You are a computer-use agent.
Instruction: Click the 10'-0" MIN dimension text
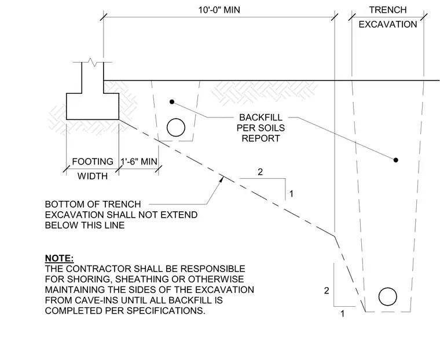tap(219, 10)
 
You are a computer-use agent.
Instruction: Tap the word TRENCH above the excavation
tap(388, 10)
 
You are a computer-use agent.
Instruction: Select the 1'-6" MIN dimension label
tap(139, 161)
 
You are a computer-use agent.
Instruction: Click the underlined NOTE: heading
tap(59, 258)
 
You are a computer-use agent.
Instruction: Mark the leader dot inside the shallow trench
tap(172, 102)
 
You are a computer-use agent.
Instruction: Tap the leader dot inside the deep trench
tap(395, 160)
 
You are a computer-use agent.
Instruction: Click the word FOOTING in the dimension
tap(93, 161)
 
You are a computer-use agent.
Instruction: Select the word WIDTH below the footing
tap(93, 176)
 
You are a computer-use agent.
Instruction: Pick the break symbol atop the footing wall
tap(93, 62)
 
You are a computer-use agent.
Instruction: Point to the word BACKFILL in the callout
tap(261, 117)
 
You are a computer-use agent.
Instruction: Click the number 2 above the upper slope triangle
tap(260, 172)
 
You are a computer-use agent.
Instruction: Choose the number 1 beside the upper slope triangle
tap(291, 194)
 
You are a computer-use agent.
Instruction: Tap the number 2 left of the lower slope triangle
tap(327, 291)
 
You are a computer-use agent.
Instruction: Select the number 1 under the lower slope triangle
tap(342, 314)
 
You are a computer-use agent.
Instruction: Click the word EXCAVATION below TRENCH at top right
tap(388, 24)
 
